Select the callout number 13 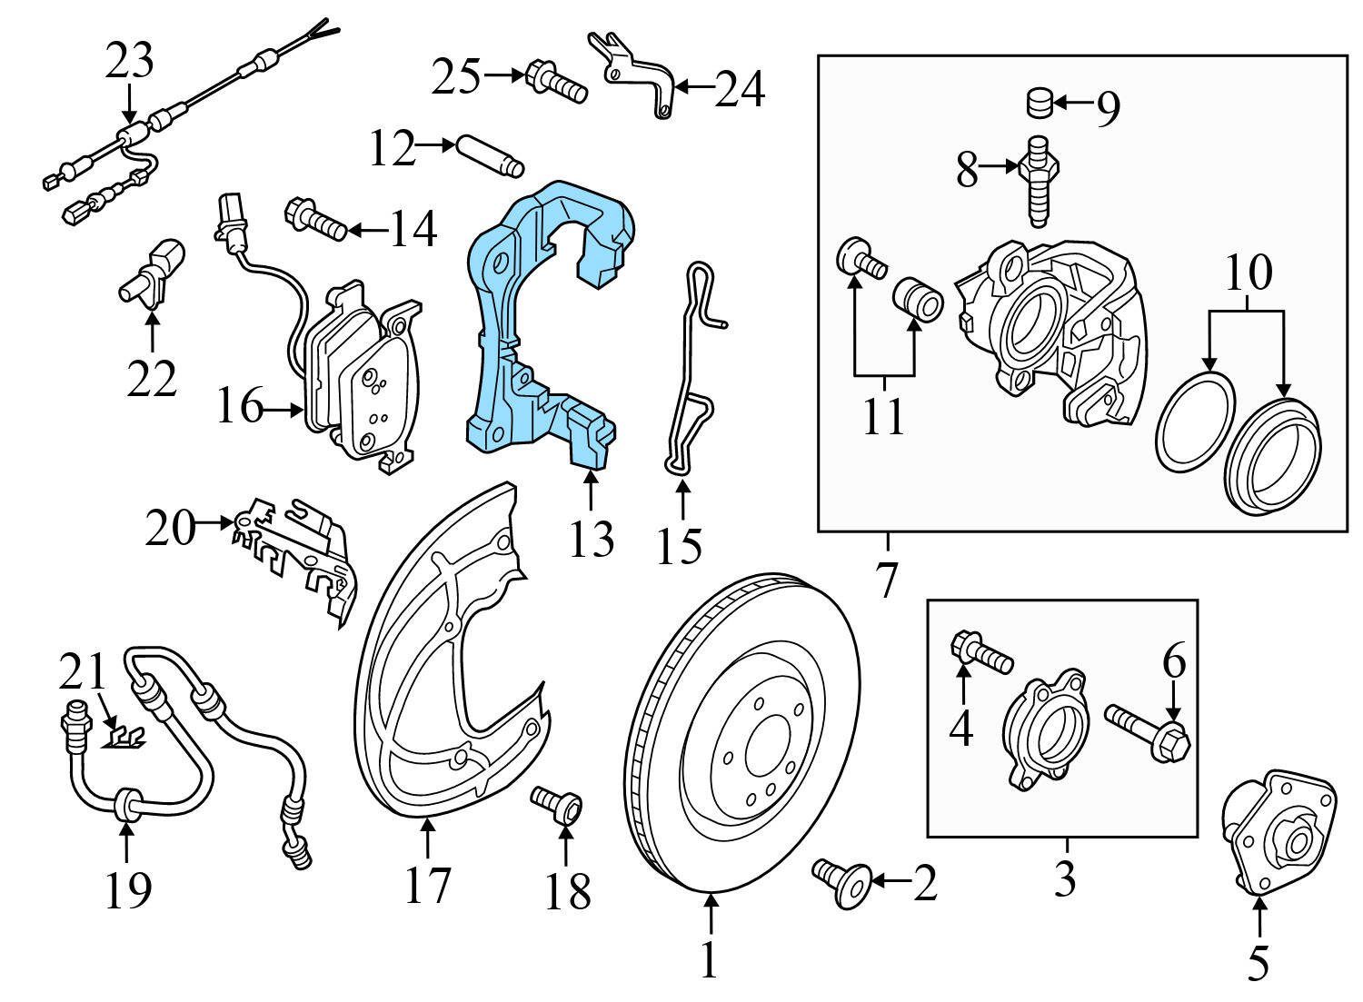tap(591, 539)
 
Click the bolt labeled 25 tap(555, 81)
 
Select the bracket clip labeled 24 tap(636, 73)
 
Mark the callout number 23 tap(130, 61)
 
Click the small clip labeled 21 tap(124, 735)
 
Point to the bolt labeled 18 tap(557, 804)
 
